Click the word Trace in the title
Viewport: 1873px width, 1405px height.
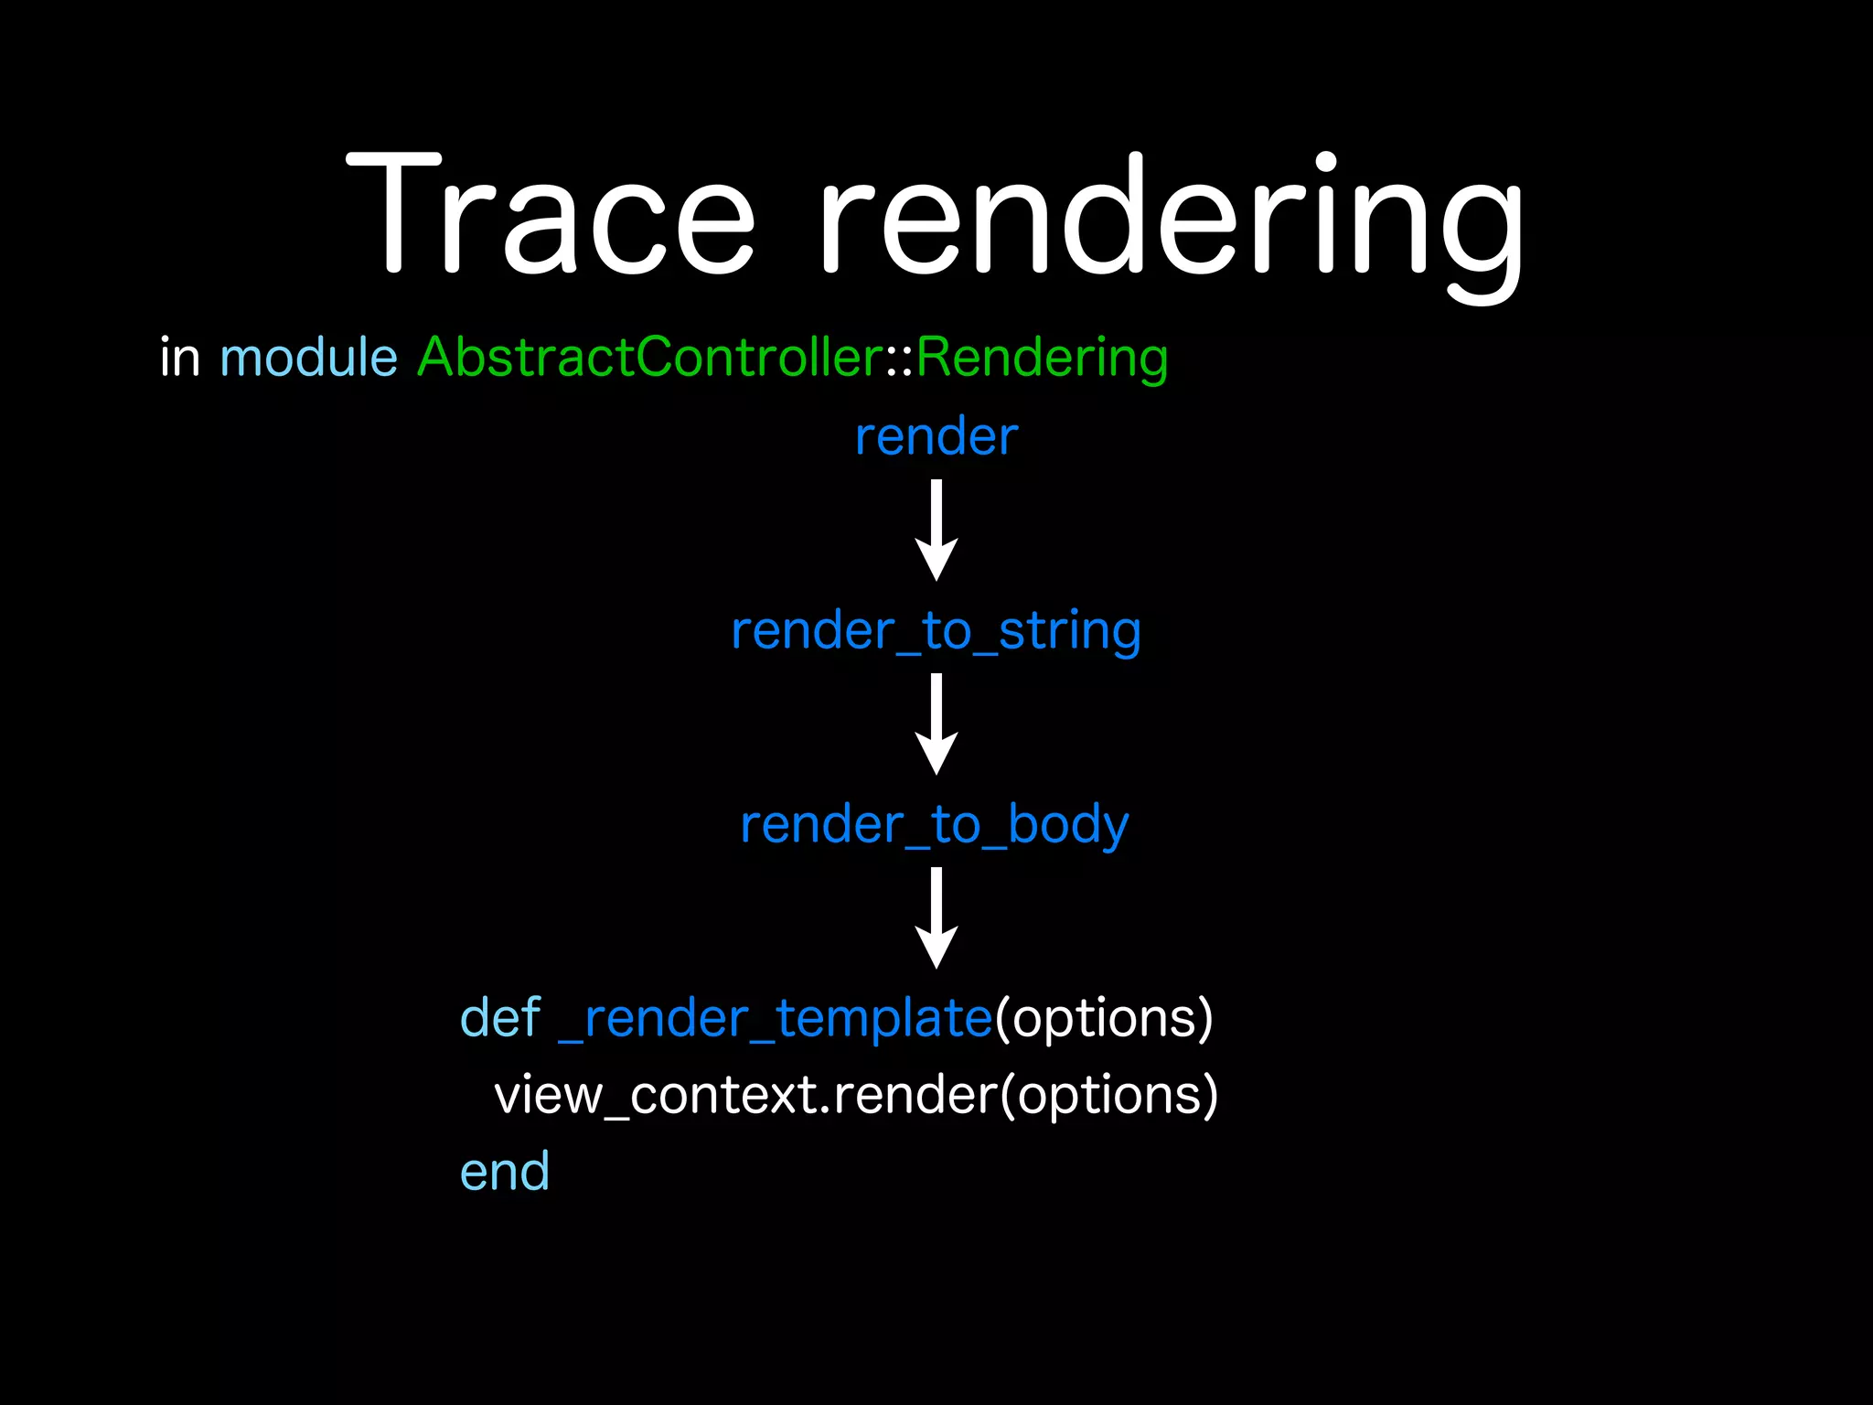(551, 215)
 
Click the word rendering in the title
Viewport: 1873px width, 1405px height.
(1172, 220)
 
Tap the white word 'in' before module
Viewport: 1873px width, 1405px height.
(179, 357)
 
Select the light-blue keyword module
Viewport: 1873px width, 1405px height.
(308, 357)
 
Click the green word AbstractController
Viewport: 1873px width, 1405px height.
(649, 357)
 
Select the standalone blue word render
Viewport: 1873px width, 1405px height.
(936, 437)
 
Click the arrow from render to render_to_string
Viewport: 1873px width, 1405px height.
(936, 530)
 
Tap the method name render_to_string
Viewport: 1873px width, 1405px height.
(936, 632)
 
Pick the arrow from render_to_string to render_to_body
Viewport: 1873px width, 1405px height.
(936, 724)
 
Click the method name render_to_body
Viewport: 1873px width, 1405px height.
(934, 826)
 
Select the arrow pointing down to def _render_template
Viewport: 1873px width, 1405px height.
(936, 917)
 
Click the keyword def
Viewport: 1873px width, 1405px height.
(500, 1018)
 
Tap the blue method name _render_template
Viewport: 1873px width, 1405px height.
(775, 1019)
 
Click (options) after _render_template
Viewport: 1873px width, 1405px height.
(1104, 1019)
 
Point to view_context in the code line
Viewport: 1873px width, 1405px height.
(655, 1096)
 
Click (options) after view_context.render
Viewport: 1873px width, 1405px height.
(1109, 1096)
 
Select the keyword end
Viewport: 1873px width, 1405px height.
(505, 1172)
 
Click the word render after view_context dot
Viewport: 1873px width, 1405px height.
(915, 1096)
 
